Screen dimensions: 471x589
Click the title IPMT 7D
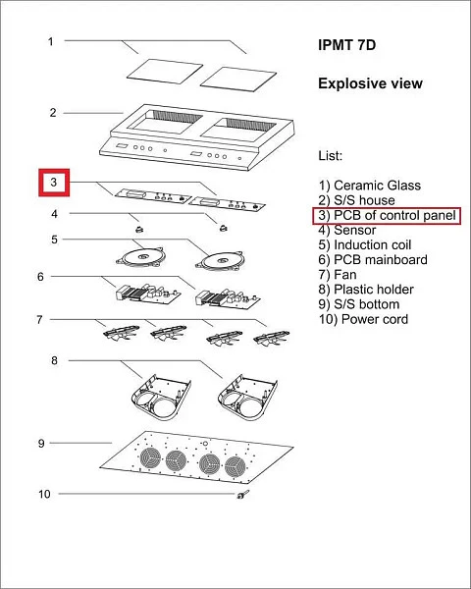[346, 45]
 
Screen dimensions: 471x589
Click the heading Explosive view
[370, 83]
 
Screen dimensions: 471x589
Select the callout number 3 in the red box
[54, 183]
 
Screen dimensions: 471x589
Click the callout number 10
[44, 494]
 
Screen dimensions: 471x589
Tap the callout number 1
[51, 41]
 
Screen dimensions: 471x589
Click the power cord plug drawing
[242, 495]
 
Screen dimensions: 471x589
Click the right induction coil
[221, 260]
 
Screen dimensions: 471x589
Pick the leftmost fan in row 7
[121, 333]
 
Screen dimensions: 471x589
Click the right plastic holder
[247, 397]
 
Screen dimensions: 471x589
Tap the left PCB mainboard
[148, 294]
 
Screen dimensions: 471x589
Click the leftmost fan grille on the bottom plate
[150, 457]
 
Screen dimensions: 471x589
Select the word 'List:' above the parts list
[330, 155]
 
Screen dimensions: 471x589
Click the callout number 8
[55, 360]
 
